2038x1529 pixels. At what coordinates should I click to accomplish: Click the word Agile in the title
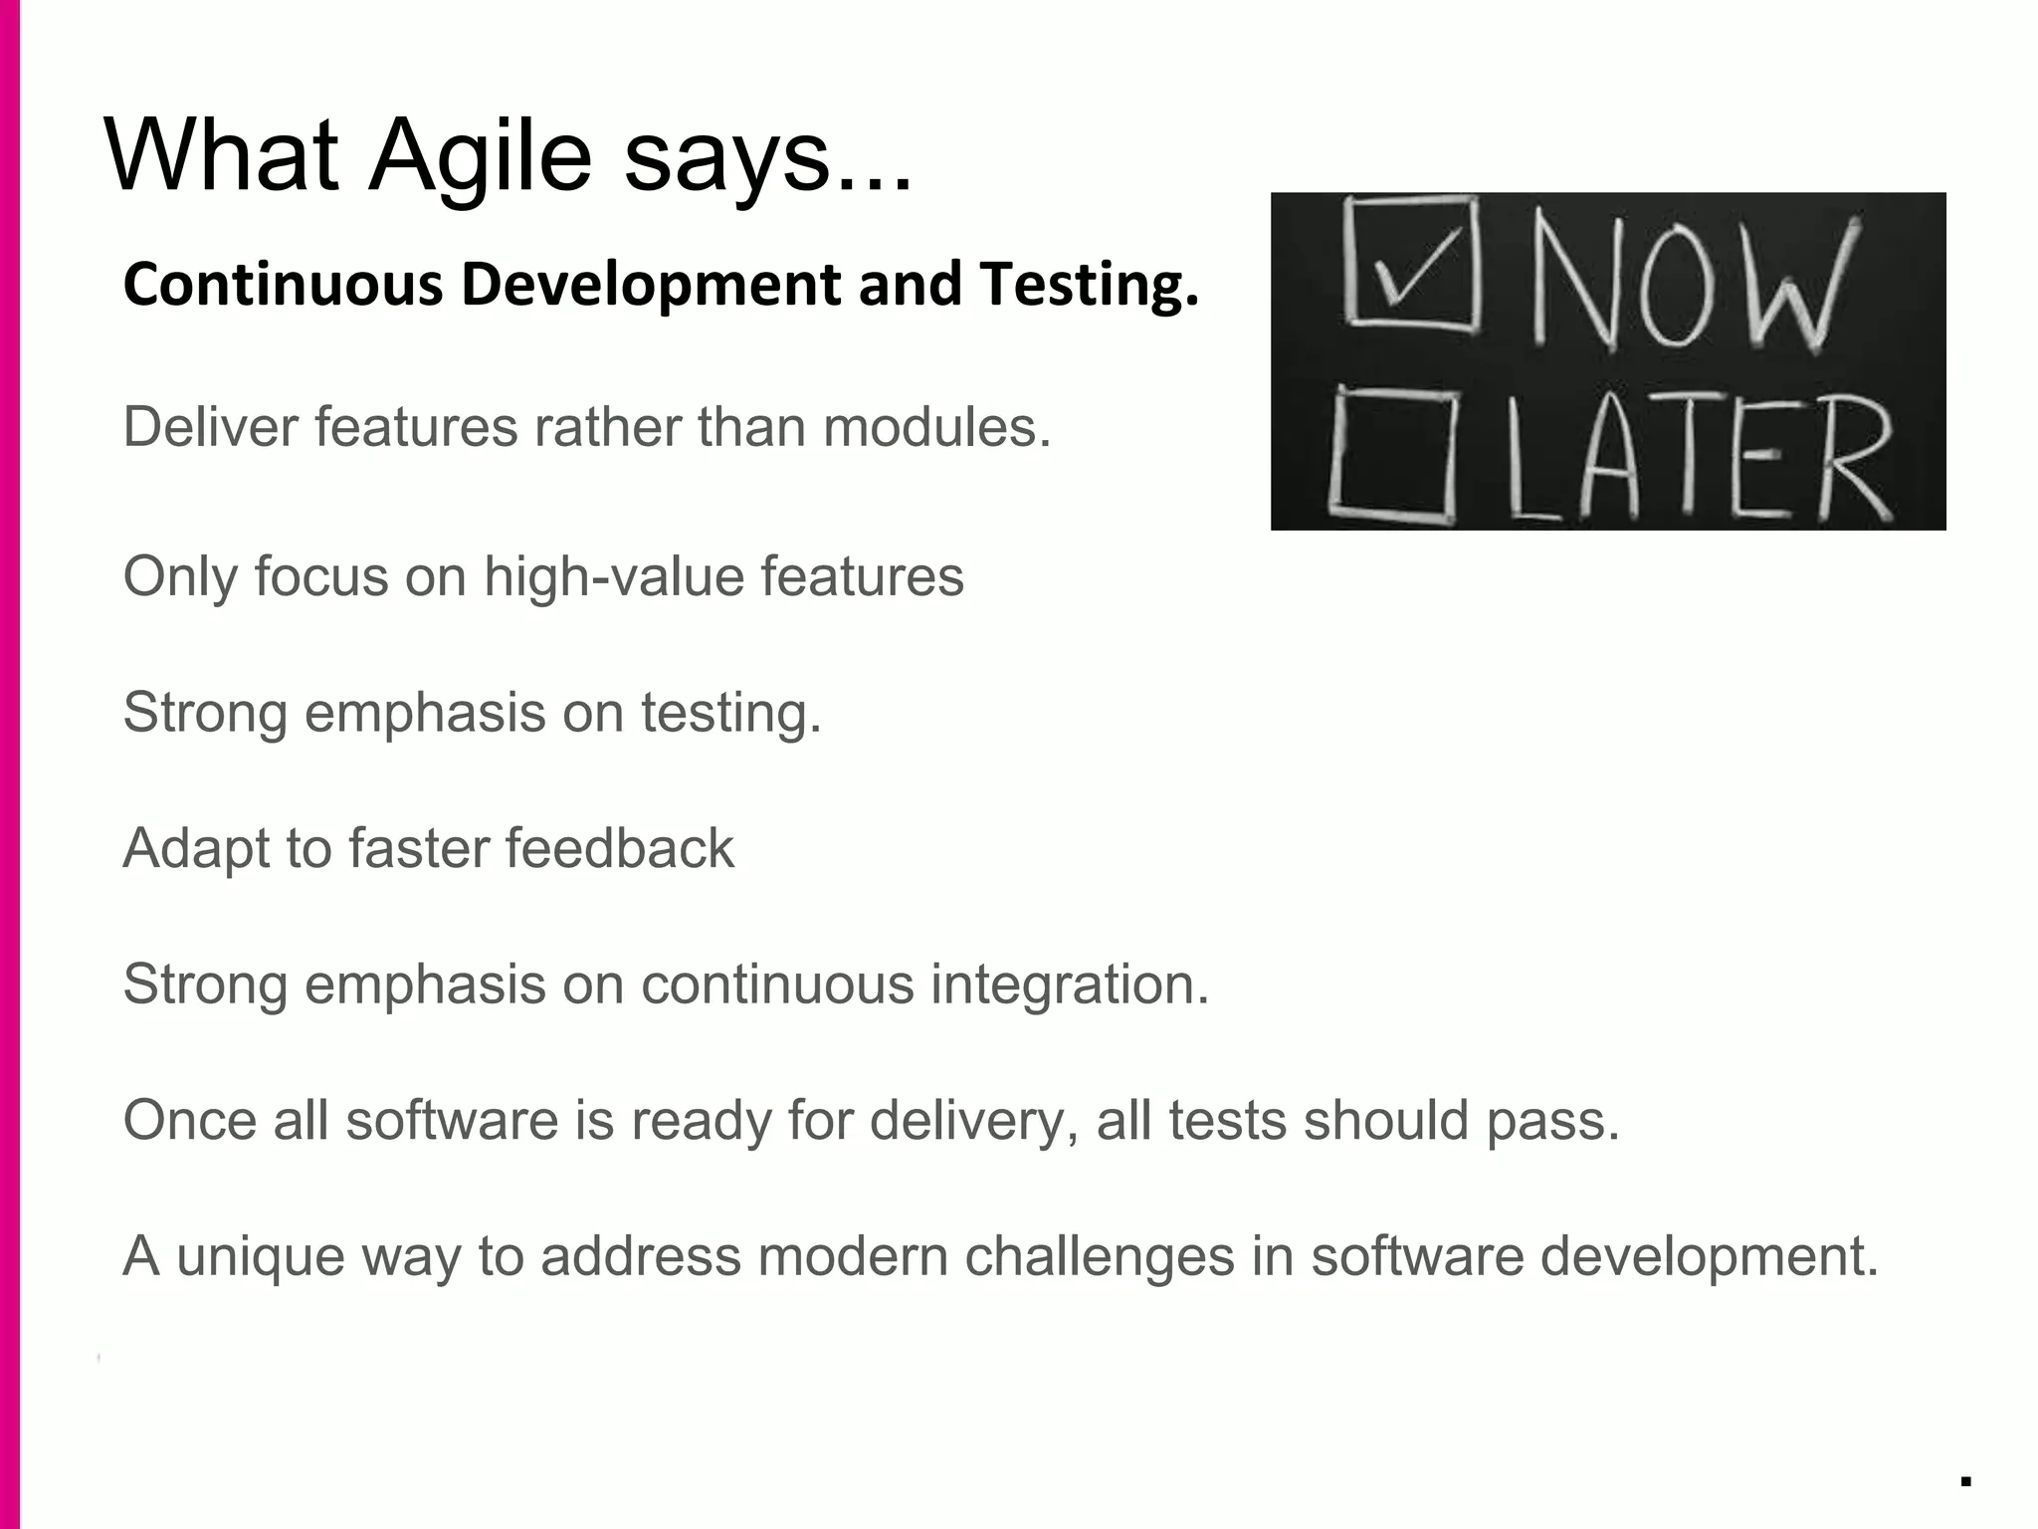point(480,157)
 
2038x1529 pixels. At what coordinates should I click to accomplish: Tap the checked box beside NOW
point(1411,263)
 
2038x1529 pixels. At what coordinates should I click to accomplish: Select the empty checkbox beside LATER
point(1393,455)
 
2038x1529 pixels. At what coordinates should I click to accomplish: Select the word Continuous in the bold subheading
point(283,285)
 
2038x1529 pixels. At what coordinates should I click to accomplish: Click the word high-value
point(613,577)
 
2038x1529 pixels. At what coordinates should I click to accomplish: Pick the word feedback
point(619,848)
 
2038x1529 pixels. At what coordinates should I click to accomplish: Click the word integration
point(1070,984)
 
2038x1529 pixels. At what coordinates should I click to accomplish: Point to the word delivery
point(974,1121)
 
